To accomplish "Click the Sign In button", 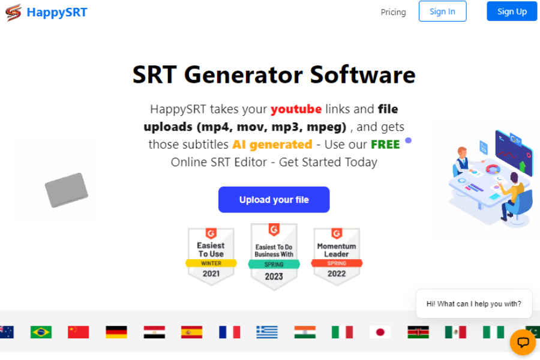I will pyautogui.click(x=442, y=11).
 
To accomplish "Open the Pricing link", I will pyautogui.click(x=393, y=12).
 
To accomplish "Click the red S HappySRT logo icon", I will pyautogui.click(x=13, y=12).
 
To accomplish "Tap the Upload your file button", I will pyautogui.click(x=274, y=200).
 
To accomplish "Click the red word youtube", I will pyautogui.click(x=296, y=109).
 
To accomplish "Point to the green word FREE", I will pyautogui.click(x=385, y=145).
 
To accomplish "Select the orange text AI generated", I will pyautogui.click(x=272, y=145).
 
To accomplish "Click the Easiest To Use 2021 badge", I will pyautogui.click(x=211, y=255).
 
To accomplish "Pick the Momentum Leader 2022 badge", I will pyautogui.click(x=337, y=255).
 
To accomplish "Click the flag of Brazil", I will pyautogui.click(x=41, y=332).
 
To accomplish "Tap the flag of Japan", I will pyautogui.click(x=380, y=332).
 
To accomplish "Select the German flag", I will pyautogui.click(x=116, y=332).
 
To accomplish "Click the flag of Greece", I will pyautogui.click(x=267, y=332).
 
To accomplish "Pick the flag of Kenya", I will pyautogui.click(x=418, y=332).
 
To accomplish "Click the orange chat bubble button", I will pyautogui.click(x=523, y=343).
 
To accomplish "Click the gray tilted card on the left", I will pyautogui.click(x=66, y=190).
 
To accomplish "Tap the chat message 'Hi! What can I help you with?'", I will pyautogui.click(x=473, y=304).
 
